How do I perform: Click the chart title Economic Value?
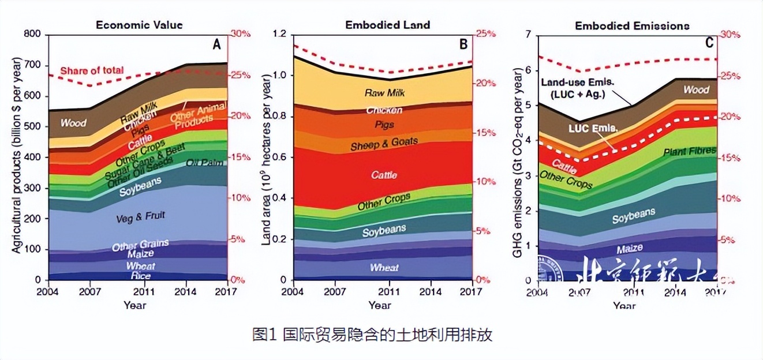coord(139,25)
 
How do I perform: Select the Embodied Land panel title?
coord(387,25)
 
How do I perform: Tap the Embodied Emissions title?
coord(632,26)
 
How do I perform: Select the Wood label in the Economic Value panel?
coord(73,122)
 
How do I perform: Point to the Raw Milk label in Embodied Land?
coord(383,93)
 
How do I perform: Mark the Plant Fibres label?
coord(689,151)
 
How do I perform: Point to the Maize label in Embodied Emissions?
coord(630,249)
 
